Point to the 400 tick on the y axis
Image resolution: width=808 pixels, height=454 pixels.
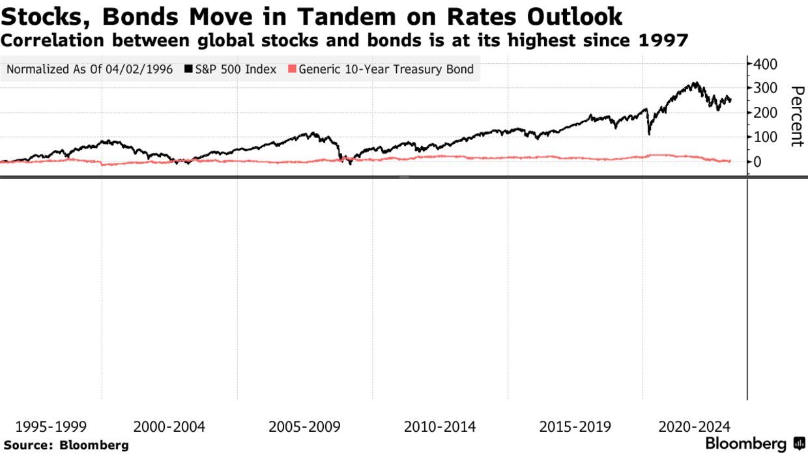[x=764, y=64]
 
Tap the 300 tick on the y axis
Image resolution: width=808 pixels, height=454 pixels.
[x=764, y=88]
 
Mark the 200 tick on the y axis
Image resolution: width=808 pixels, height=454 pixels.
[x=764, y=113]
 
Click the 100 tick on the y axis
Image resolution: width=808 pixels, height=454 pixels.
[x=764, y=137]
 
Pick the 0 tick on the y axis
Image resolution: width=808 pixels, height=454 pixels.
[x=758, y=162]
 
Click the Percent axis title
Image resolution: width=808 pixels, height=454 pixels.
[x=796, y=117]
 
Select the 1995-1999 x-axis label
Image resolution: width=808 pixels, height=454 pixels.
[x=51, y=427]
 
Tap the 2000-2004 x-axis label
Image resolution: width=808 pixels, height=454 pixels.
[x=169, y=427]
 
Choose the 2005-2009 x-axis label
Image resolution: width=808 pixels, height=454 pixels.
[x=305, y=427]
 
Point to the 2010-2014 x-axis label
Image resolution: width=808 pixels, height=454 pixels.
[x=440, y=427]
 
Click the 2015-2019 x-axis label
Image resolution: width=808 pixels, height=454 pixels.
[x=575, y=427]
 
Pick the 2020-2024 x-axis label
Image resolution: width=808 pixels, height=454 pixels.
[x=695, y=427]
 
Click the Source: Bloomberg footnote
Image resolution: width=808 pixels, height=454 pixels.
[x=66, y=446]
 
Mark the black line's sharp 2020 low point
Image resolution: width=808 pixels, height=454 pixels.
[x=649, y=134]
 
